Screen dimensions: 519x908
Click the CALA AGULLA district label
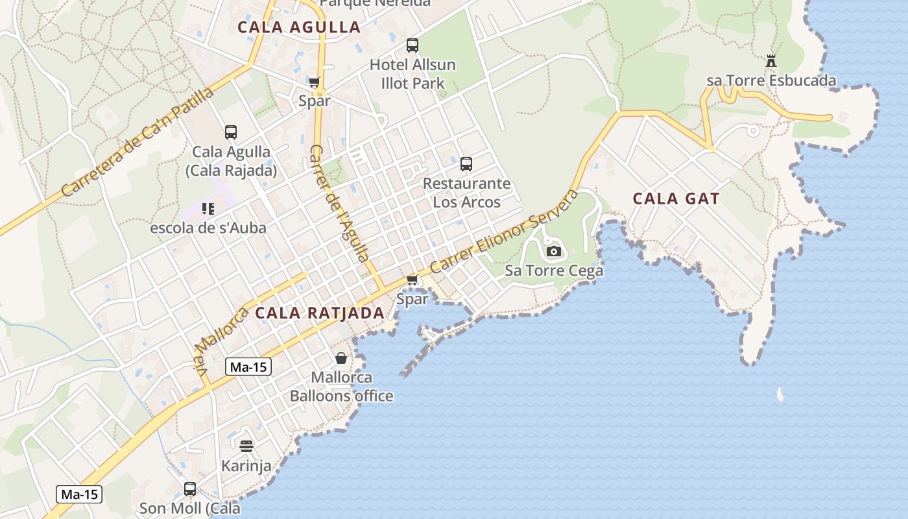(298, 27)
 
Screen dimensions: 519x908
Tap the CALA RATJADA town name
(320, 313)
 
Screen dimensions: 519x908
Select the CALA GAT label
(676, 199)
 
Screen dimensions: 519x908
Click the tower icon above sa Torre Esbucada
(771, 62)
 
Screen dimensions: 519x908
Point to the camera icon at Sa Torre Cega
(554, 251)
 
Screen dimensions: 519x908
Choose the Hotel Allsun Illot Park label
(412, 74)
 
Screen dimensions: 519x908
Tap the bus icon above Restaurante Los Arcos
(466, 164)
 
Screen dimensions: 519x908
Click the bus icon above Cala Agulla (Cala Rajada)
(231, 132)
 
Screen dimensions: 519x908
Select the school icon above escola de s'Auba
(208, 208)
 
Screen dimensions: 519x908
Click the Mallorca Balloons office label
(341, 387)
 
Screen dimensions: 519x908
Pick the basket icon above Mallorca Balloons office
(341, 358)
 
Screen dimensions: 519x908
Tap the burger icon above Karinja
(246, 446)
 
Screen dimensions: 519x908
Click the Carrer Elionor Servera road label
(504, 232)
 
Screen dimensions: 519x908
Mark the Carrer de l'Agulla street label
(339, 202)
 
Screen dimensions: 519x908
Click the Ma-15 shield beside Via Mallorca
(249, 367)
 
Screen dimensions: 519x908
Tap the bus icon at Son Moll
(190, 489)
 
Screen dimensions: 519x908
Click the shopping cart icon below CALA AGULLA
(315, 82)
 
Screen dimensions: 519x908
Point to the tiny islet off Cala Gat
(780, 394)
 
